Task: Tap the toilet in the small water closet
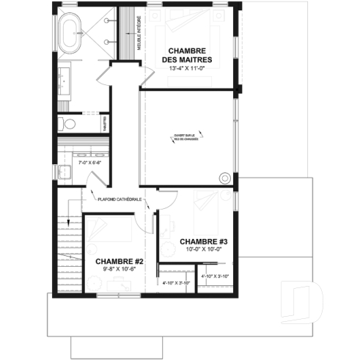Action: click(63, 123)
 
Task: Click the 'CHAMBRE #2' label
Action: click(119, 261)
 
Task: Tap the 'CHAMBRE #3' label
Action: click(205, 241)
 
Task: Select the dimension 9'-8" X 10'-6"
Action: click(119, 269)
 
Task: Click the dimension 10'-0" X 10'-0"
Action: click(205, 249)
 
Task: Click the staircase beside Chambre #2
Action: click(67, 249)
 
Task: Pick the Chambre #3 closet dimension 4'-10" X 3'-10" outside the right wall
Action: click(216, 276)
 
